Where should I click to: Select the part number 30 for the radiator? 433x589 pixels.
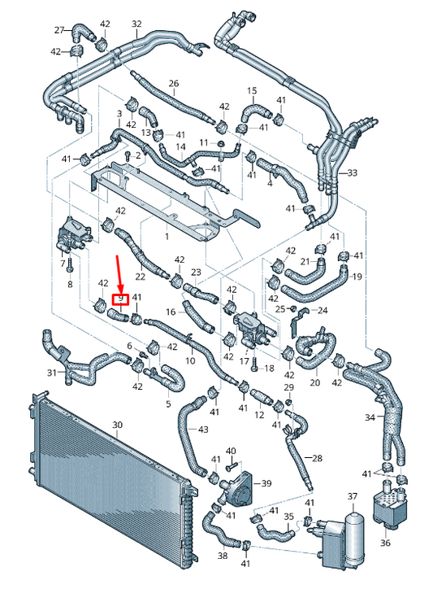point(116,425)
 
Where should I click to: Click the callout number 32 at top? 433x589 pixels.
point(136,24)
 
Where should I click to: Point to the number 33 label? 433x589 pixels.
point(352,173)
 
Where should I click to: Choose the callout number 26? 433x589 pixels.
point(173,84)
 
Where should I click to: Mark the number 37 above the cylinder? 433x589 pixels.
point(353,495)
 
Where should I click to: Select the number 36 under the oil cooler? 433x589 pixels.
point(385,543)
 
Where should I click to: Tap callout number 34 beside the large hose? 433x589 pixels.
point(370,418)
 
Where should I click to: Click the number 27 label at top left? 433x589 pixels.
point(58,30)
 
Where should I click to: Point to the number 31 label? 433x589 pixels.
point(52,373)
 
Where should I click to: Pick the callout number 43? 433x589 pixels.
point(202,429)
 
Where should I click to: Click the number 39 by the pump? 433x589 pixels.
point(266,483)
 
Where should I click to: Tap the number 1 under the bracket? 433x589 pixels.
point(167,236)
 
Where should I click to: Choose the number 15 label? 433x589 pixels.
point(252,90)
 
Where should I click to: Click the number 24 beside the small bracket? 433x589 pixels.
point(322,310)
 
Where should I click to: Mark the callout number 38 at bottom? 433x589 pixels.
point(223,556)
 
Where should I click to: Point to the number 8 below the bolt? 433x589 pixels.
point(70,284)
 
